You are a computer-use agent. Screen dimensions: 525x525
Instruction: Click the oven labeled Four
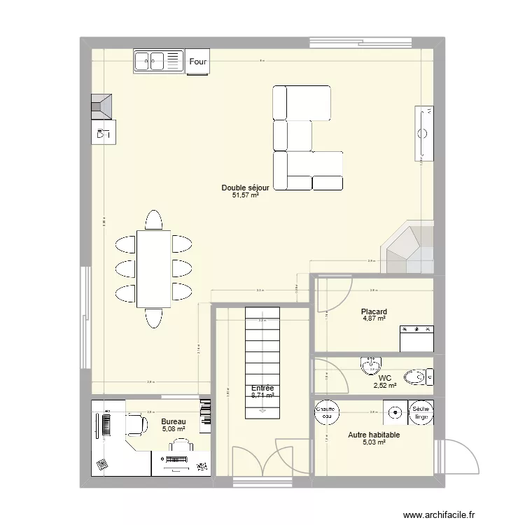click(x=197, y=62)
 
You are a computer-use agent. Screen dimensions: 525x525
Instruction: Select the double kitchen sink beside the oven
click(x=157, y=62)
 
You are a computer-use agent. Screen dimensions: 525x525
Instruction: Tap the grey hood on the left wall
click(x=102, y=105)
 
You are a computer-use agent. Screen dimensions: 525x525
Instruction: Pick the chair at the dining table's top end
click(x=153, y=220)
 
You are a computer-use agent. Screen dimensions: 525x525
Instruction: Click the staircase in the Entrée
click(x=262, y=363)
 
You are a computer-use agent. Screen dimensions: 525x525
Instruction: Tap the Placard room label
click(x=374, y=312)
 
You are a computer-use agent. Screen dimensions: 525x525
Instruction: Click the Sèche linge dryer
click(x=421, y=412)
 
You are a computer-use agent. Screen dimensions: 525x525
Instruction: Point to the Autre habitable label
click(x=374, y=435)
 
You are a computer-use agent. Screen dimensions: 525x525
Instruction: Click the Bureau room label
click(x=173, y=421)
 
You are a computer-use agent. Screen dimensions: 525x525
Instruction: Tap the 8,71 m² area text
click(x=262, y=395)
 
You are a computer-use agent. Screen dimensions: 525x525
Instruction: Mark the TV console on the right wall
click(x=424, y=132)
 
